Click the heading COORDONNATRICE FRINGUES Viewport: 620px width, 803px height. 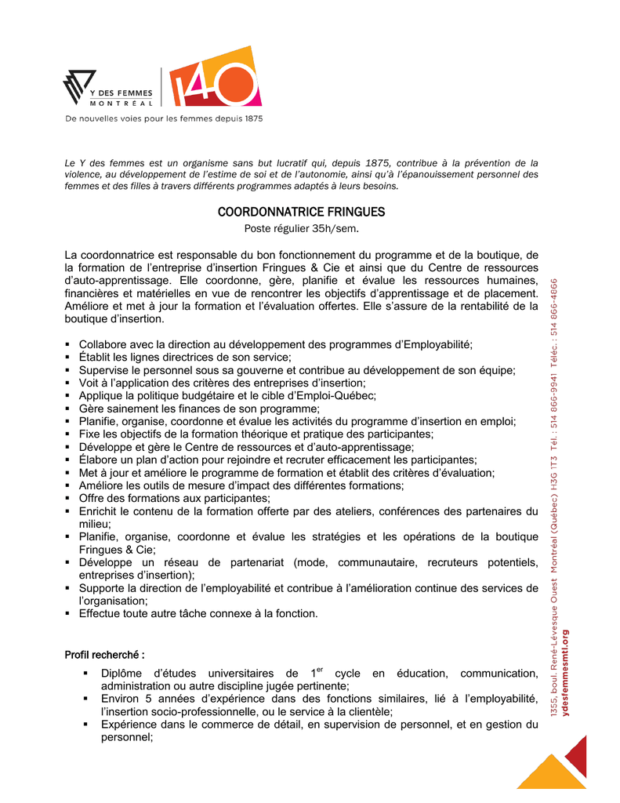point(301,213)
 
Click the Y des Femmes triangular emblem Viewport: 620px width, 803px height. point(78,87)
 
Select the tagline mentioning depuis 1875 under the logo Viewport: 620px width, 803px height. point(163,119)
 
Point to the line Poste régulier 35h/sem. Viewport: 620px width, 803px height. point(301,228)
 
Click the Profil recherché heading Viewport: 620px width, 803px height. point(104,654)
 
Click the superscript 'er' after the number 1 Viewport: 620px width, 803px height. point(320,670)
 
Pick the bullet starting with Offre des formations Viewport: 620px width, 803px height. point(174,498)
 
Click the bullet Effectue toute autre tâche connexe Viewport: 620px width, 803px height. point(198,613)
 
